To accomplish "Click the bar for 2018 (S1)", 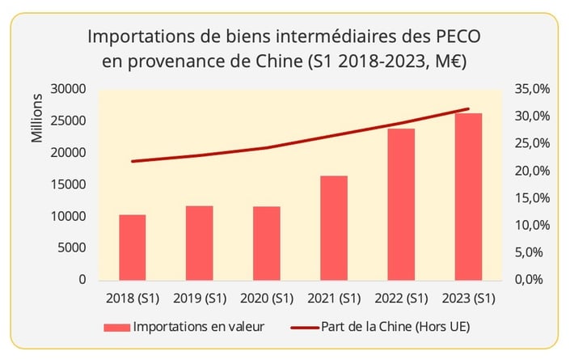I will click(132, 248).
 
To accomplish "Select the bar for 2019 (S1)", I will click(199, 243).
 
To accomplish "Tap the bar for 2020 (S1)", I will click(266, 244).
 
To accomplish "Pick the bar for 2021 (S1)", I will click(333, 228).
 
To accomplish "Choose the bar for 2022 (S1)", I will click(400, 205).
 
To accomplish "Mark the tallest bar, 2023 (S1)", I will click(468, 197).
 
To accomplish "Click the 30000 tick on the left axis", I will click(69, 89).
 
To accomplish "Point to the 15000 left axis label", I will click(69, 184).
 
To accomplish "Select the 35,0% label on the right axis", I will click(530, 89).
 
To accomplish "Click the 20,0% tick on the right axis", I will click(530, 171).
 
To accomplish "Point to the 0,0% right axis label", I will click(534, 279).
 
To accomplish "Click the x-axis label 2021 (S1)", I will click(333, 299).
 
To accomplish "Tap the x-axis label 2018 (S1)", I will click(132, 299).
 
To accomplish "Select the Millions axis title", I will click(37, 119).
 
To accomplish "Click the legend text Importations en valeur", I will click(198, 328).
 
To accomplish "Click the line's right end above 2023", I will click(468, 108).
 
